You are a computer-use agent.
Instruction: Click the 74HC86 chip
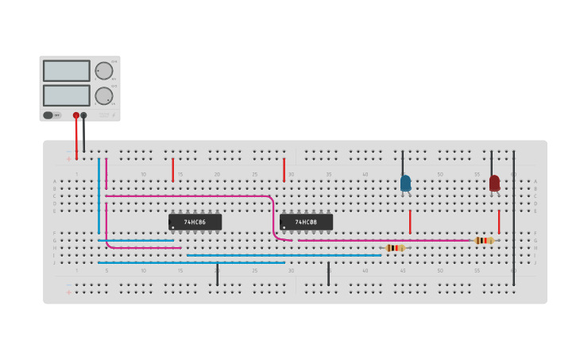pos(195,223)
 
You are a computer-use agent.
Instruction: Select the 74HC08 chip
pos(306,223)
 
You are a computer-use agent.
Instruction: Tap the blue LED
pos(405,183)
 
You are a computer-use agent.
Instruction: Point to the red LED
pos(494,183)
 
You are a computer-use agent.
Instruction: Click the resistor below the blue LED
pos(395,248)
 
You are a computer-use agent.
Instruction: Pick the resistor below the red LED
pos(484,240)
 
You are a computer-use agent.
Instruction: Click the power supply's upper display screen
pos(67,71)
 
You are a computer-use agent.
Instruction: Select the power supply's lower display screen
pos(67,95)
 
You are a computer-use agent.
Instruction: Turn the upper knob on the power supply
pos(104,71)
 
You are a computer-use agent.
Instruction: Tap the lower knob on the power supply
pos(104,95)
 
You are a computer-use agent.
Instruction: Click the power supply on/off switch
pos(48,115)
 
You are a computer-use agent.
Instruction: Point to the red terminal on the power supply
pos(76,115)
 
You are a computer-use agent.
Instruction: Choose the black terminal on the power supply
pos(83,115)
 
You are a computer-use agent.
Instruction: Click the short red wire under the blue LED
pos(410,222)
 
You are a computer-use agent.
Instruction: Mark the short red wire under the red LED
pos(499,222)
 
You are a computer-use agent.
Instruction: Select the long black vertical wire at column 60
pos(513,219)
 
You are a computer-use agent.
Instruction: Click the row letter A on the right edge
pos(535,181)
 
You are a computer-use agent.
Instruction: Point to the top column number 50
pos(439,174)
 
